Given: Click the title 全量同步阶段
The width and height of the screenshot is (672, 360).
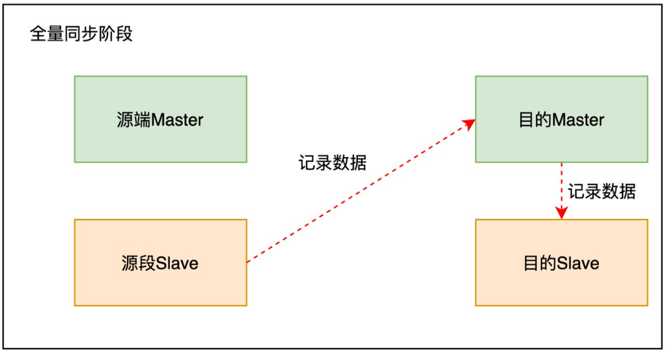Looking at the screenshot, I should click(x=82, y=34).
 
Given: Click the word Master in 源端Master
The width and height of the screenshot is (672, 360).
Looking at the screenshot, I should click(x=177, y=119).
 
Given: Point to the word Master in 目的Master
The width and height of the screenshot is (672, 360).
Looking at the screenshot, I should click(x=578, y=119).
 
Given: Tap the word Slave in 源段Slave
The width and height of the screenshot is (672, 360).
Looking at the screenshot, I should click(x=177, y=263).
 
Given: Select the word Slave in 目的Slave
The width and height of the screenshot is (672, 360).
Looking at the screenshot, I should click(x=578, y=263).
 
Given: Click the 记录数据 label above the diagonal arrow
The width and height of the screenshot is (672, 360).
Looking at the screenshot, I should click(x=332, y=162).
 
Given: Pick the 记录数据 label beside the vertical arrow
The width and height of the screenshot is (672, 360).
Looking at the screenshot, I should click(x=601, y=191).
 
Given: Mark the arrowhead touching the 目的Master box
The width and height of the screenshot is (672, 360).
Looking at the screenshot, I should click(x=468, y=124).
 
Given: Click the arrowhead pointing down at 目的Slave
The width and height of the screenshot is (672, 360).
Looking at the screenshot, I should click(x=561, y=213).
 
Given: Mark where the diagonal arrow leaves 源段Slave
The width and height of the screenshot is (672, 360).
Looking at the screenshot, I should click(x=248, y=262).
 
